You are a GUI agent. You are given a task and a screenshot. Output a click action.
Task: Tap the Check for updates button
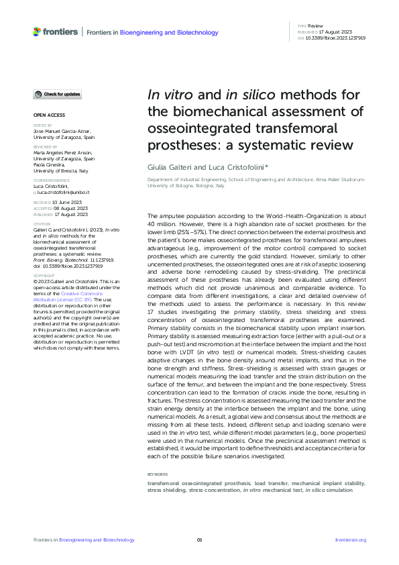click(58, 94)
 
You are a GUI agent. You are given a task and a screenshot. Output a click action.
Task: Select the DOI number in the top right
click(336, 39)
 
